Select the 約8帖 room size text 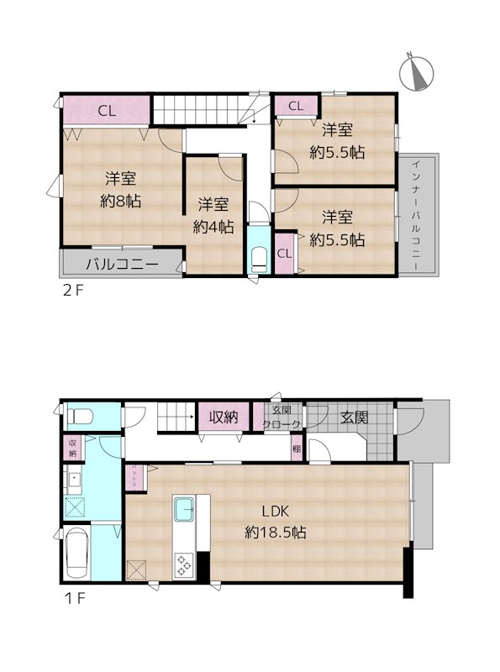121,201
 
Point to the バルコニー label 123,264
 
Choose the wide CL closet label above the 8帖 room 106,110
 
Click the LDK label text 274,511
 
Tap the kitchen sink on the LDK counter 184,509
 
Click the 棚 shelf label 297,449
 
